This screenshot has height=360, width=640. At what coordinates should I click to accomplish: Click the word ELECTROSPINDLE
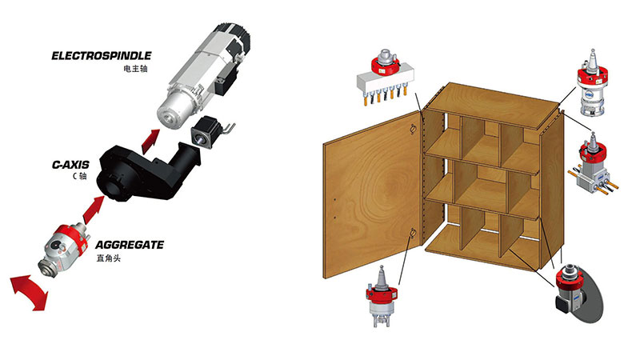[102, 55]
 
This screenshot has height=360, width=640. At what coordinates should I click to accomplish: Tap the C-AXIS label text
[70, 165]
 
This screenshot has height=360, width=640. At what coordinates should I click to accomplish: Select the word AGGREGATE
[130, 245]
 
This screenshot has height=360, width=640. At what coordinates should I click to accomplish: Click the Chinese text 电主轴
[135, 68]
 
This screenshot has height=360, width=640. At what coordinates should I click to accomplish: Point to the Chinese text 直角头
[109, 258]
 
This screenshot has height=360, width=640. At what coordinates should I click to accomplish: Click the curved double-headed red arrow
[28, 290]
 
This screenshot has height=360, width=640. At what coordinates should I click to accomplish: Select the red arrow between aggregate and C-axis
[94, 210]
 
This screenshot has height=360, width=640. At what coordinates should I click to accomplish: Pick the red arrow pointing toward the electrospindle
[150, 141]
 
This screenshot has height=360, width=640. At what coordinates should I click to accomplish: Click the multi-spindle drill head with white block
[386, 77]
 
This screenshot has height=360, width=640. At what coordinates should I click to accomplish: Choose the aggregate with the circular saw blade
[578, 292]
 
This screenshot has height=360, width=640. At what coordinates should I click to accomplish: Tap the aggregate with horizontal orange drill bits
[593, 167]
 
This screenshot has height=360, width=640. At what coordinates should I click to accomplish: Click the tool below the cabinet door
[382, 297]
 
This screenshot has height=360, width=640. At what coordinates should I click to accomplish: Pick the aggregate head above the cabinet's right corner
[592, 84]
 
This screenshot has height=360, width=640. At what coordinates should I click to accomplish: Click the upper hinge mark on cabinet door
[412, 129]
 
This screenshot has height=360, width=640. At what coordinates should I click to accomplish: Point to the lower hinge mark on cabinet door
[412, 234]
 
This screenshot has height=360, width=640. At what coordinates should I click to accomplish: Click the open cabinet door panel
[372, 196]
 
